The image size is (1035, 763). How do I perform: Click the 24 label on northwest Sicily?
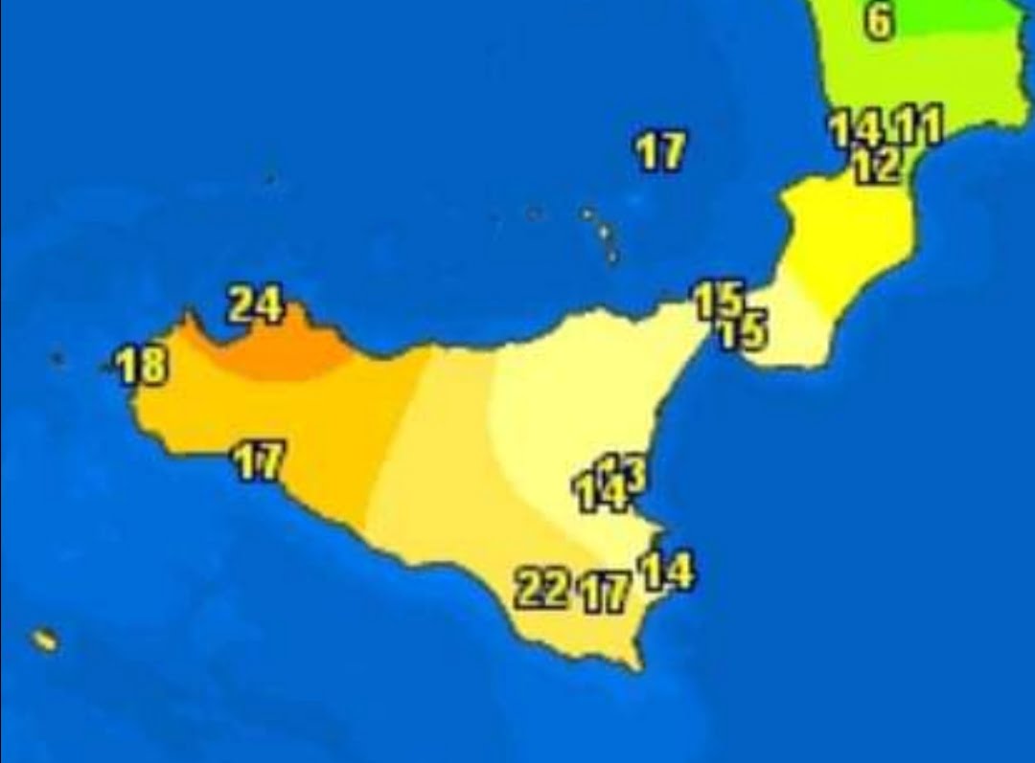point(256,305)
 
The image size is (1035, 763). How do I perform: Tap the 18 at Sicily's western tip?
point(143,366)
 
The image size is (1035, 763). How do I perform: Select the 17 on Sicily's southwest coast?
point(259,462)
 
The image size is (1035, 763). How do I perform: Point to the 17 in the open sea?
point(661,151)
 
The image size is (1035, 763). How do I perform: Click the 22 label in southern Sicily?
point(541,588)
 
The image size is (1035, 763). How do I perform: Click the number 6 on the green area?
point(879,21)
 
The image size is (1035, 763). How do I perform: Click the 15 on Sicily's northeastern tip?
point(717,301)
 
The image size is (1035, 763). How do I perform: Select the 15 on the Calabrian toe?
point(745,332)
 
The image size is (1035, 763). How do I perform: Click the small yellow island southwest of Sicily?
point(43,640)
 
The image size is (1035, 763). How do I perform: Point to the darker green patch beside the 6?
point(968,14)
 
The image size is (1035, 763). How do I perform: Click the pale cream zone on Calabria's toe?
point(795,330)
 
